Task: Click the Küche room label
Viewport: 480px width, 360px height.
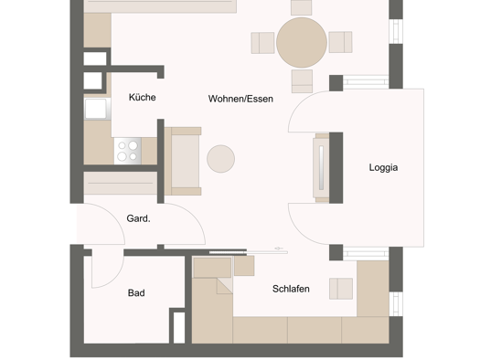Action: click(x=143, y=97)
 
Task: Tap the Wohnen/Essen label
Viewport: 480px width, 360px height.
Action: click(x=240, y=99)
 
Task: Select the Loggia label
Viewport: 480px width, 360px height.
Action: click(x=383, y=167)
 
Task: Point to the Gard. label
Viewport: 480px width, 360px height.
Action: click(x=138, y=218)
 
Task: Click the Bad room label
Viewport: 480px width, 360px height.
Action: click(x=136, y=292)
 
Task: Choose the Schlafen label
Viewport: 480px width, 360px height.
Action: click(x=291, y=289)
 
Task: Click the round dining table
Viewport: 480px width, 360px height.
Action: click(x=302, y=43)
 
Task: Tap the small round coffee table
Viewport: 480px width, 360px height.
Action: click(x=220, y=159)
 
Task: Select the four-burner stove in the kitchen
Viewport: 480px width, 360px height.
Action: click(x=128, y=151)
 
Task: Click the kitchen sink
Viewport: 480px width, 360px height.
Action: click(x=98, y=109)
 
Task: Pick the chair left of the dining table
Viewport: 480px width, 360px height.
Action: click(x=262, y=43)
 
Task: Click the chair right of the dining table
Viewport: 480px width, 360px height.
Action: click(x=340, y=42)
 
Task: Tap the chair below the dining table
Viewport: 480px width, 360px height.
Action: click(x=302, y=81)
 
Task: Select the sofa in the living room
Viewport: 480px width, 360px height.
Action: click(x=183, y=161)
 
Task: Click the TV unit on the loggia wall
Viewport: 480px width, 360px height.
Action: click(x=321, y=167)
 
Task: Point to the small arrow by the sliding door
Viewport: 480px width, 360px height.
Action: click(x=279, y=249)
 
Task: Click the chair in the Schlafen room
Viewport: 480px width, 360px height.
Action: click(x=341, y=289)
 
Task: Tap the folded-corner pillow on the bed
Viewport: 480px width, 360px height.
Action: click(x=225, y=286)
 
